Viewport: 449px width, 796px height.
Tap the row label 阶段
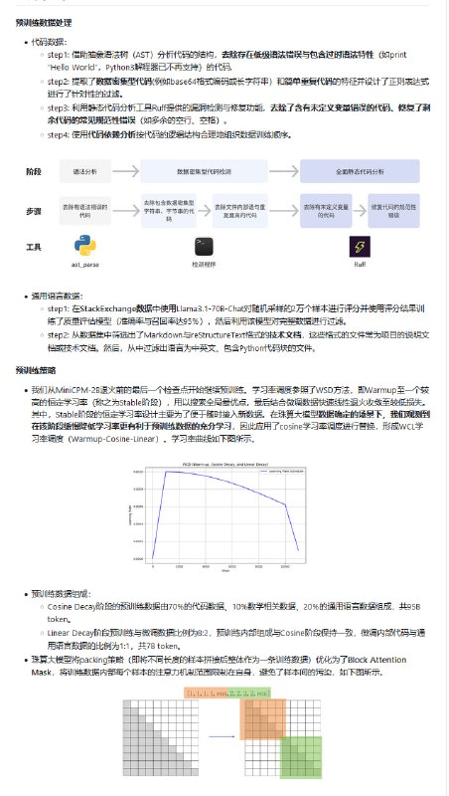[x=33, y=172]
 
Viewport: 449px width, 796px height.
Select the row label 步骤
[x=33, y=211]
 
